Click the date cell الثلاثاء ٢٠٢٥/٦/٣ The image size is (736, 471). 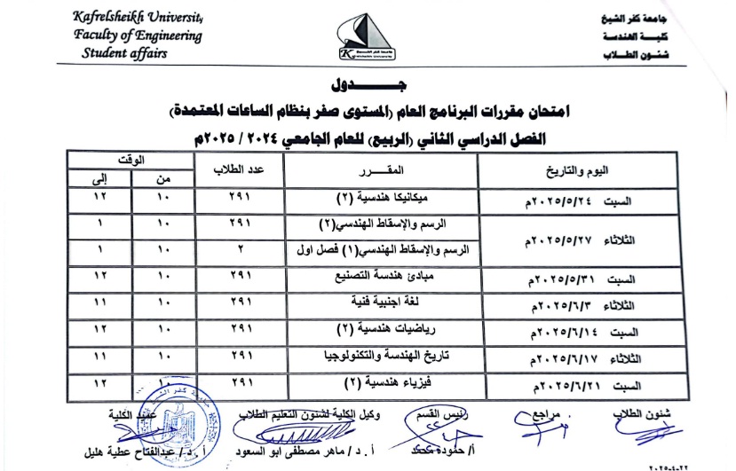point(586,306)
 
